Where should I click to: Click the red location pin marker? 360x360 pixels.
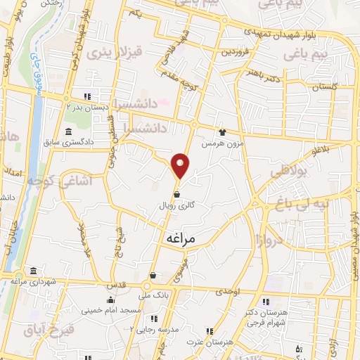click(181, 165)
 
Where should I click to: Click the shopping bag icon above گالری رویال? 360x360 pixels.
click(176, 195)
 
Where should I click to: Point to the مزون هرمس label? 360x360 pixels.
click(217, 143)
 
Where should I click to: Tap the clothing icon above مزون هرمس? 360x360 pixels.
click(222, 131)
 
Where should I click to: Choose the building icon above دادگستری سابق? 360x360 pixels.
click(67, 131)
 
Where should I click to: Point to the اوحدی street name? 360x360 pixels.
click(228, 291)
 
